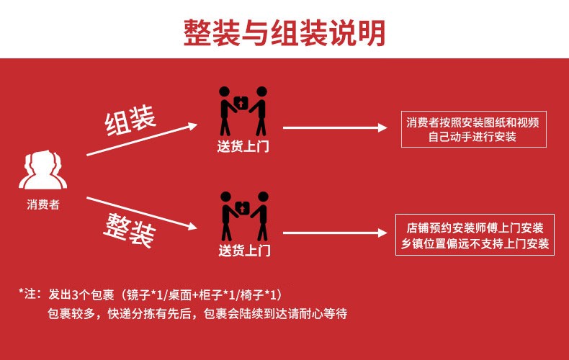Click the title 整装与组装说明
coord(284,32)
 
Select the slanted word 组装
coord(131,122)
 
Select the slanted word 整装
coord(130,229)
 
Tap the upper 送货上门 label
coord(243,147)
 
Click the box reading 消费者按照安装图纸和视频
coord(472,122)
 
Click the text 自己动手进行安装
coord(472,137)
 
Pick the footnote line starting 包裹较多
coord(197,315)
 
